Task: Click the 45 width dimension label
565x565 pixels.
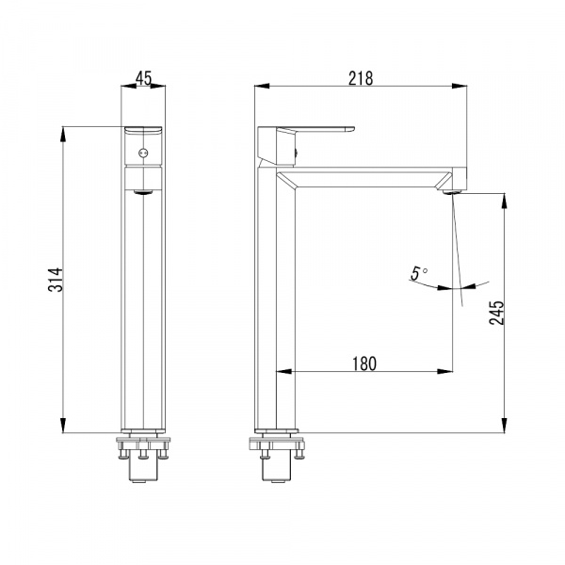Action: coord(143,78)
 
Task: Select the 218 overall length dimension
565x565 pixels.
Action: coord(361,78)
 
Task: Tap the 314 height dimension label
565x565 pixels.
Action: coord(56,280)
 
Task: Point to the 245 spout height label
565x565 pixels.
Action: coord(497,313)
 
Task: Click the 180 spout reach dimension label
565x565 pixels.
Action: coord(364,363)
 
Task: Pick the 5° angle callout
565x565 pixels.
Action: coord(419,273)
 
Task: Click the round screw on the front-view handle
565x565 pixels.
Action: coord(143,153)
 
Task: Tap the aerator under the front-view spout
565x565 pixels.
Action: coord(143,192)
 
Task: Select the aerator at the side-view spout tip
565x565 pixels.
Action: coord(452,192)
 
